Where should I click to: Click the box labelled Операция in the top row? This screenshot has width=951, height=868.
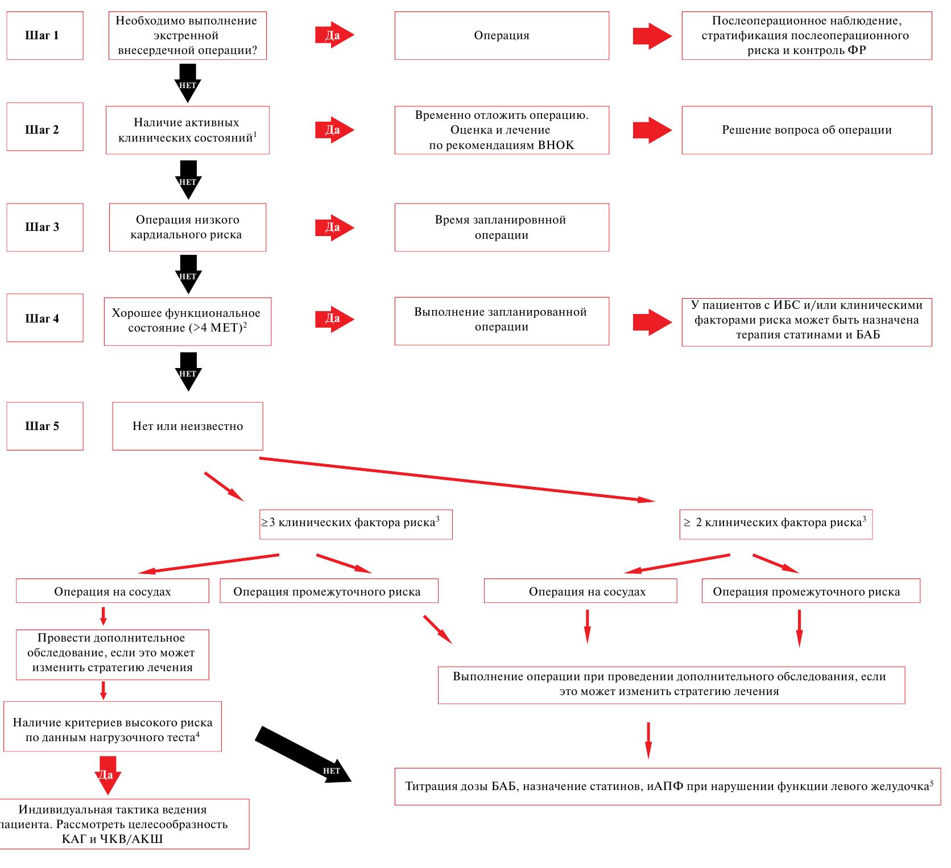coord(502,35)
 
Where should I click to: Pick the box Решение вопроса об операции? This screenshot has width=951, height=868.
coord(807,130)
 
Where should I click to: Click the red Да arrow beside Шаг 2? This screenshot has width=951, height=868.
coord(334,130)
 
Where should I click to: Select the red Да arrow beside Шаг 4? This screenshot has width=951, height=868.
coord(334,319)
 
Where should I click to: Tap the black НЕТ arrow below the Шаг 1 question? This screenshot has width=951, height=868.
coord(188,83)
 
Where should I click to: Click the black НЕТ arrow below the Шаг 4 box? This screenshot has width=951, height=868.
coord(188,371)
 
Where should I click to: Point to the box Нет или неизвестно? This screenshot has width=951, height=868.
coord(188,426)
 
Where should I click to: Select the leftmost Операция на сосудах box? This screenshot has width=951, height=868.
coord(113,591)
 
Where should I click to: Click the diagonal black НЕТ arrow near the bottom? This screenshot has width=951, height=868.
coord(303,755)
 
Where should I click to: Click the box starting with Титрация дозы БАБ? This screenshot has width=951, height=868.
coord(668,787)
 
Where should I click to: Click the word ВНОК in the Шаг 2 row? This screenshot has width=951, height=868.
coord(556,145)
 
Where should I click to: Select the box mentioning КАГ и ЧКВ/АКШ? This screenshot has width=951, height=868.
coord(125,824)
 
